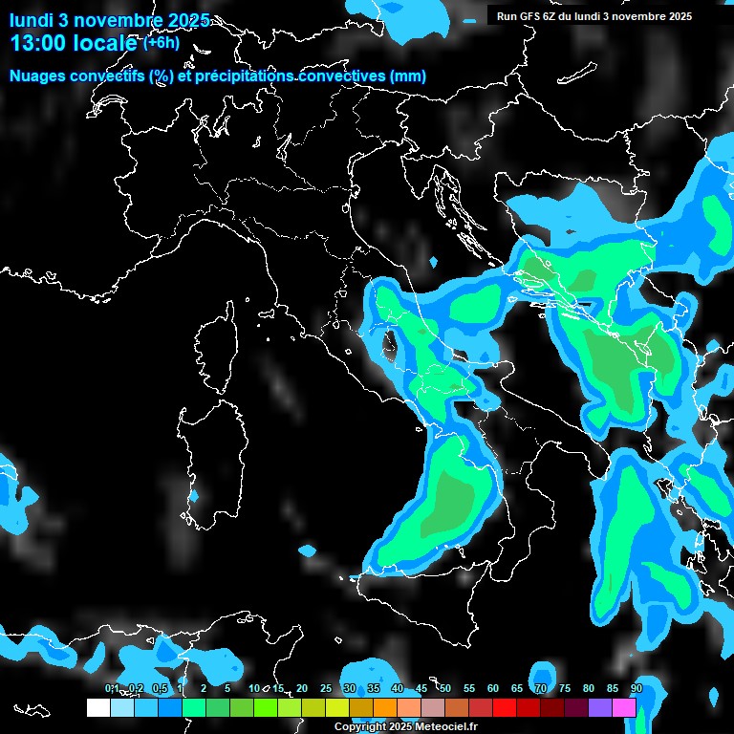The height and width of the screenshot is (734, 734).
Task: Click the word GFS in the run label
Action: coord(536,16)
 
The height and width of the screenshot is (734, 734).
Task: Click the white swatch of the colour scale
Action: coord(97,707)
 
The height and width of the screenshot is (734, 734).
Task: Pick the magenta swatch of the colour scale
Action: coord(624,707)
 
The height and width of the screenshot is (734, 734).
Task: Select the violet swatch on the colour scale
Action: coord(600,707)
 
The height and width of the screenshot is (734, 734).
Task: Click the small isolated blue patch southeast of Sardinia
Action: coord(307,550)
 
